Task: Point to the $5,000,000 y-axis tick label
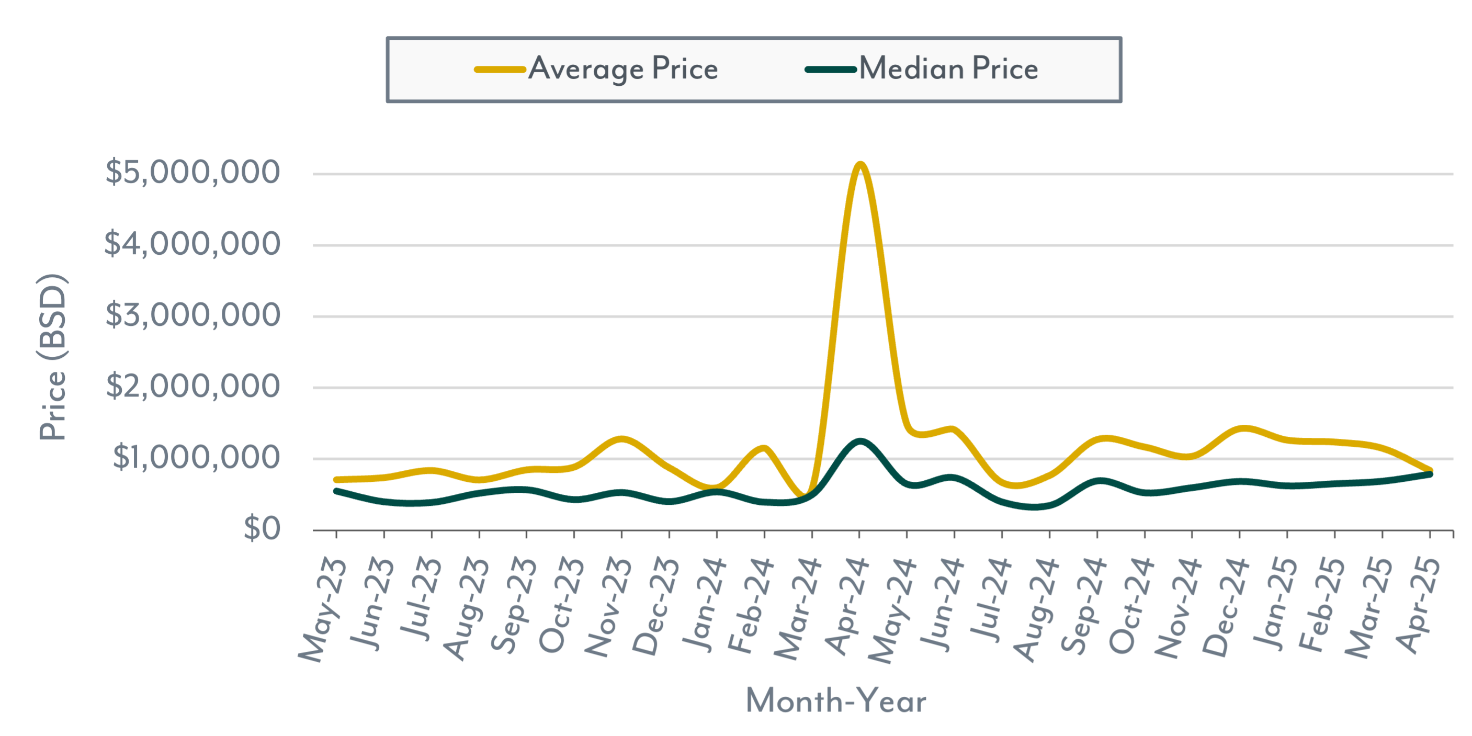pyautogui.click(x=193, y=172)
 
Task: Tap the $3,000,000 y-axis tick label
pyautogui.click(x=193, y=315)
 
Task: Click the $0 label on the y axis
pyautogui.click(x=262, y=528)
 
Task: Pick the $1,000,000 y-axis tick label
pyautogui.click(x=196, y=457)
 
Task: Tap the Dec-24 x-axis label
pyautogui.click(x=1226, y=607)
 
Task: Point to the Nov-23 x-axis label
pyautogui.click(x=608, y=607)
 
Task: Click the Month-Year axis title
pyautogui.click(x=835, y=700)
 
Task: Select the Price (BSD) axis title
pyautogui.click(x=52, y=357)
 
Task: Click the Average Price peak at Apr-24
pyautogui.click(x=860, y=165)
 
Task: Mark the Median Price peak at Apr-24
pyautogui.click(x=860, y=441)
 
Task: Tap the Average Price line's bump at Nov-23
pyautogui.click(x=622, y=439)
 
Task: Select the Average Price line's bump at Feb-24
pyautogui.click(x=764, y=448)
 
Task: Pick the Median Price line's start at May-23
pyautogui.click(x=336, y=491)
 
